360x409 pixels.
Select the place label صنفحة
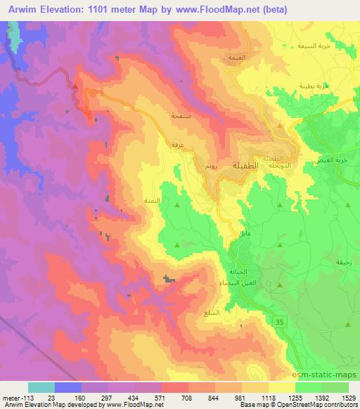click(181, 116)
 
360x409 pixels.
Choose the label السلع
click(212, 312)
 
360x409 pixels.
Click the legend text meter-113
click(13, 397)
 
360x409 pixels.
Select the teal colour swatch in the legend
click(41, 387)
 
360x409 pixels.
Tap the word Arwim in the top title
click(20, 8)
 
